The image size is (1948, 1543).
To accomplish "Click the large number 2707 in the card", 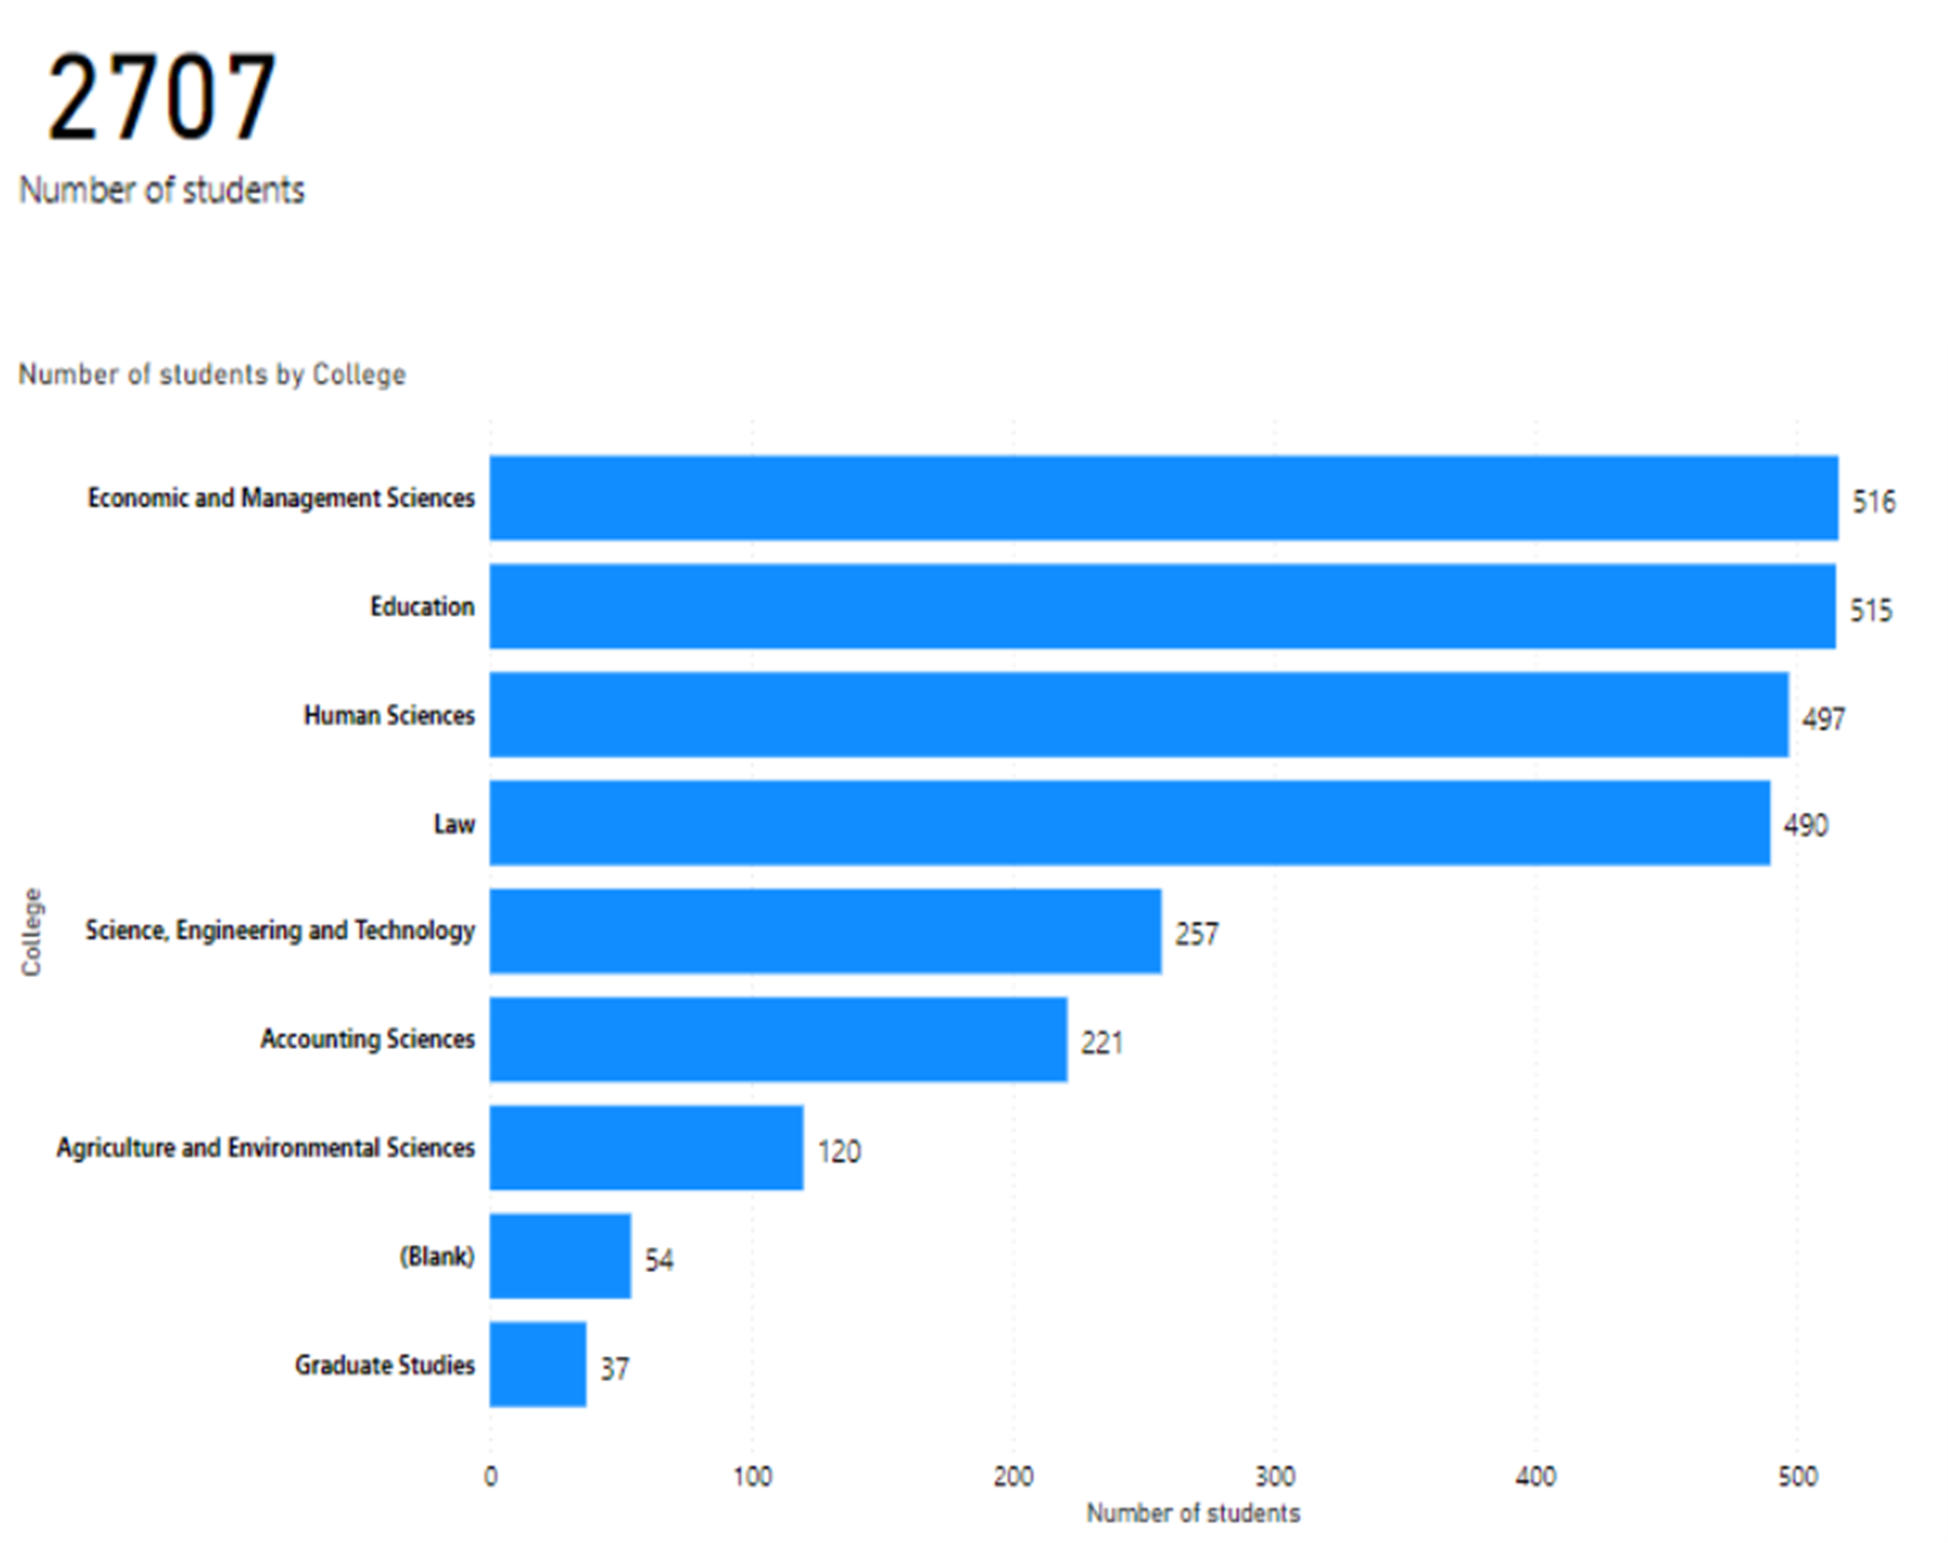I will tap(162, 97).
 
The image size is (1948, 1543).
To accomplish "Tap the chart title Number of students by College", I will tap(212, 374).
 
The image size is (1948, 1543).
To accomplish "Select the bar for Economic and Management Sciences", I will tap(1163, 497).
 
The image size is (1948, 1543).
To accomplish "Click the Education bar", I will tap(1162, 606).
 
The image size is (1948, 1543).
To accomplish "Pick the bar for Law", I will tap(1129, 823).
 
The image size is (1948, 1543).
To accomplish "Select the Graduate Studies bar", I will tap(538, 1365).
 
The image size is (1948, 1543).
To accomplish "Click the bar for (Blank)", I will tap(560, 1256).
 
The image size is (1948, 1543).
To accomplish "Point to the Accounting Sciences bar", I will tap(778, 1039).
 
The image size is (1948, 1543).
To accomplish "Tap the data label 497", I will tap(1822, 719).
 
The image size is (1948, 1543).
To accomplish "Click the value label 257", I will tap(1196, 934).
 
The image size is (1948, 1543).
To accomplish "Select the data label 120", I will tap(838, 1151).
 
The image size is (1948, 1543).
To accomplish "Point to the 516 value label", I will tap(1873, 502).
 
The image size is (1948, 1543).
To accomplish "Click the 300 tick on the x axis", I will tap(1275, 1476).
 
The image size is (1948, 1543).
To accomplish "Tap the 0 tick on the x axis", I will tap(491, 1476).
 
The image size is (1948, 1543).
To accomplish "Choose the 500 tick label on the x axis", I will tap(1797, 1476).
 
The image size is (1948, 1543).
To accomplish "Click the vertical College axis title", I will tap(31, 932).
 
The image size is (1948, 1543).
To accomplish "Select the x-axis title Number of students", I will tap(1192, 1513).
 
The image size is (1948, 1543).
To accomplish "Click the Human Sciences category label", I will tap(389, 716).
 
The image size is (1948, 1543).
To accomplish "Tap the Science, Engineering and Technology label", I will tap(280, 930).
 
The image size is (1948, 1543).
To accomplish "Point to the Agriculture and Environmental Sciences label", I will tap(265, 1147).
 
